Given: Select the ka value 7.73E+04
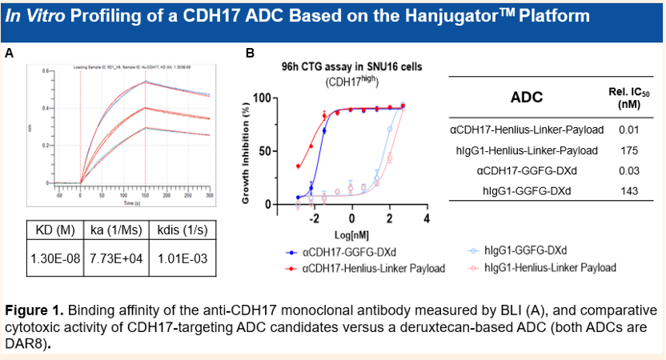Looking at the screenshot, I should pos(114,260).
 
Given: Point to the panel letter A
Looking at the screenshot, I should pos(9,54).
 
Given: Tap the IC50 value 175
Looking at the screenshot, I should pos(628,150).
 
